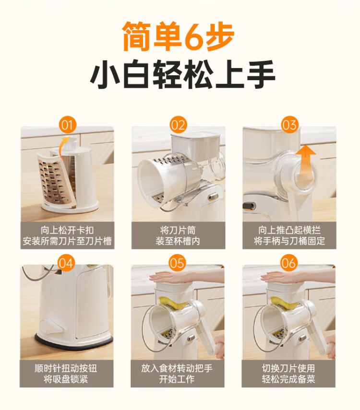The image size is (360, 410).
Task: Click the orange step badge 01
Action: [67, 125]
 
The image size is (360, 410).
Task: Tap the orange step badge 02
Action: [178, 125]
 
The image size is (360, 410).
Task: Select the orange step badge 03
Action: [289, 125]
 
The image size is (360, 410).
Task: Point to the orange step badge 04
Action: [66, 263]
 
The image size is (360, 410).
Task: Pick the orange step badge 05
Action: [177, 263]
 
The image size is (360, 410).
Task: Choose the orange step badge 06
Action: [288, 263]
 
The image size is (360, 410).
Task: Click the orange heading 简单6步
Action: [178, 36]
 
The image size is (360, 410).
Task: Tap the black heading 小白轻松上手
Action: [182, 74]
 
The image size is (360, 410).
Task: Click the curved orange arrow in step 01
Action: [63, 148]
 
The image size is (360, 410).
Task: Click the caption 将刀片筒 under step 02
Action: [178, 230]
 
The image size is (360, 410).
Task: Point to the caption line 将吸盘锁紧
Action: [66, 379]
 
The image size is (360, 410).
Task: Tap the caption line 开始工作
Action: [177, 379]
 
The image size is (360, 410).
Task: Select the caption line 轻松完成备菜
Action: [288, 379]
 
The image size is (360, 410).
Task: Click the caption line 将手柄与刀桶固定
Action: [289, 241]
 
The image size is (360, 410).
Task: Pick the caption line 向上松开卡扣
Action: [67, 230]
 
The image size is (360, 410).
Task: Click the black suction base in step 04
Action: [74, 343]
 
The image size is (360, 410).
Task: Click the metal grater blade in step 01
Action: [54, 182]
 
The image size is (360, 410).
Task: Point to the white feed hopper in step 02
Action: [196, 146]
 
